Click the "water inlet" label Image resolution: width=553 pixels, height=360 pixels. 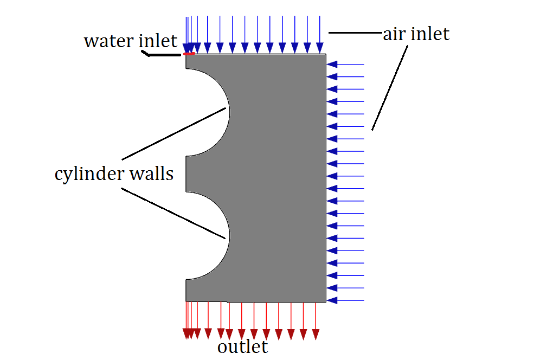click(131, 41)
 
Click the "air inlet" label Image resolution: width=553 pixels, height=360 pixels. click(416, 34)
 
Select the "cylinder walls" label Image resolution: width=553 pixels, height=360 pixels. click(114, 174)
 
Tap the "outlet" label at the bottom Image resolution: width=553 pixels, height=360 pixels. click(243, 346)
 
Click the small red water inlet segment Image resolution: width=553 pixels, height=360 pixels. click(189, 54)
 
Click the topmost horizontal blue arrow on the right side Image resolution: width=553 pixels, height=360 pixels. click(345, 65)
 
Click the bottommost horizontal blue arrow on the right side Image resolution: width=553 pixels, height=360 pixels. click(345, 300)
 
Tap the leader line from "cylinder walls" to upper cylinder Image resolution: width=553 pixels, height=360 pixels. click(173, 133)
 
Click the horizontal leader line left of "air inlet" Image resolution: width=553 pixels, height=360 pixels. click(355, 33)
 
